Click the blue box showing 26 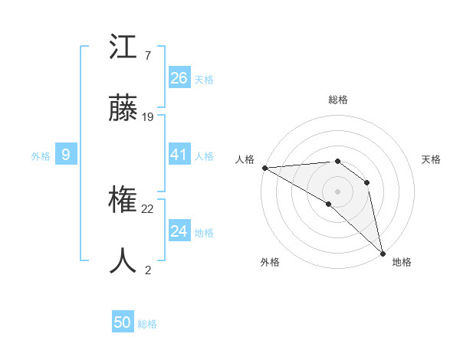tap(179, 78)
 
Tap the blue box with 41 tap(179, 155)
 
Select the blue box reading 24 tap(179, 231)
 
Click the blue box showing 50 tap(123, 322)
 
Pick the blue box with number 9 tap(66, 155)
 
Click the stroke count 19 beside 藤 tap(148, 117)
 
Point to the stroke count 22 tap(148, 209)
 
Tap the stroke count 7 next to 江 tap(147, 56)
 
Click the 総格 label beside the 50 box tap(147, 324)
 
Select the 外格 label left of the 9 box tap(41, 155)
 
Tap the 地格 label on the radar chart tap(402, 262)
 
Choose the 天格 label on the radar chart tap(432, 159)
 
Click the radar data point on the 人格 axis tap(264, 168)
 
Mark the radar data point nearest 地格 tap(383, 253)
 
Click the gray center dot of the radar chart tap(337, 191)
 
